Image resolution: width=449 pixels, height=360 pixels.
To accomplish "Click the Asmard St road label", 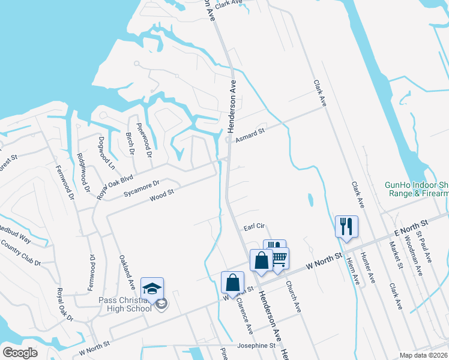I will tap(250, 133).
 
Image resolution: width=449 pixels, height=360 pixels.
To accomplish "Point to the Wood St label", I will tap(161, 195).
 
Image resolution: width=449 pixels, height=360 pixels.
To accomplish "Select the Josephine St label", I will tap(256, 346).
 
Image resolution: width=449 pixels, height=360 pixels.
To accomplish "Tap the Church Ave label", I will tap(292, 296).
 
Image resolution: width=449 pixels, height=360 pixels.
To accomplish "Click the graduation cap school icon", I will tap(152, 288).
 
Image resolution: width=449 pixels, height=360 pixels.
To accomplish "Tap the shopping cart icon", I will tap(279, 258).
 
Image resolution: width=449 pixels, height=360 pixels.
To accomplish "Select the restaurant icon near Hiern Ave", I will tap(346, 226).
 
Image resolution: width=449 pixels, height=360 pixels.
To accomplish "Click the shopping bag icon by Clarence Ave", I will tap(232, 282).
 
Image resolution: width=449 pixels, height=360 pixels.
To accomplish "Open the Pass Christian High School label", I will tap(124, 304).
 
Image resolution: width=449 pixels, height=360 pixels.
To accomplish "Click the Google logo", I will tap(20, 353).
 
